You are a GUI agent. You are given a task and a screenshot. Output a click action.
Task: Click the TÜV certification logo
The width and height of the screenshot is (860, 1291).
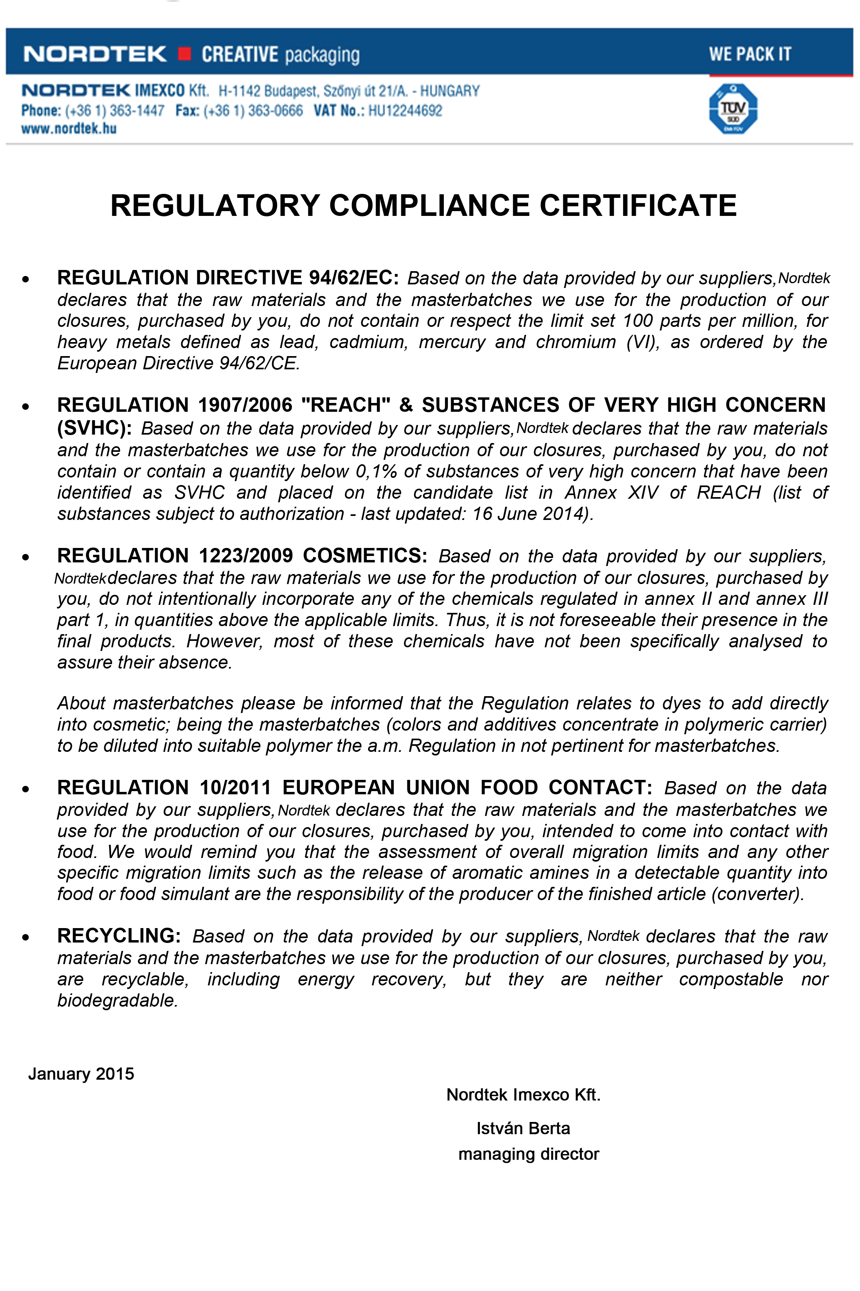coord(733,109)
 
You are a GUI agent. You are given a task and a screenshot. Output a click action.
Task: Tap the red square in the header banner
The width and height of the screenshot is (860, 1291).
coord(185,54)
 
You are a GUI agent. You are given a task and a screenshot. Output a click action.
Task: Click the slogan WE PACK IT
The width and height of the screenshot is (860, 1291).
coord(750,54)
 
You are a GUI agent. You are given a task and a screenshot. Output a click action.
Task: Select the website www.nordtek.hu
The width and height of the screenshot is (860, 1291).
coord(69,129)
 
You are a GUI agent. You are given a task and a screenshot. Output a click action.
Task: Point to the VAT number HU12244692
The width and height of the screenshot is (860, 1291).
coord(405,111)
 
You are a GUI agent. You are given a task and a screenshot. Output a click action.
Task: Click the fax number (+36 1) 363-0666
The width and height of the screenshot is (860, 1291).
coord(253,111)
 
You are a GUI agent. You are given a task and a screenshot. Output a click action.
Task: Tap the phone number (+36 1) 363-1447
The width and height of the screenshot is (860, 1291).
coord(115,111)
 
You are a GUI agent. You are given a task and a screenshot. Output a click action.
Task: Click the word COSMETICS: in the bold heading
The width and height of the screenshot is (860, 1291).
coord(365,556)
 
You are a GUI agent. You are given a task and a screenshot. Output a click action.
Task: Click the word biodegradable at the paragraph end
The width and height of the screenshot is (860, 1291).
coord(117,1000)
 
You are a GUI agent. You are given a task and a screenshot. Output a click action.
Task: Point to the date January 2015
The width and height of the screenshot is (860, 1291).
coord(81,1073)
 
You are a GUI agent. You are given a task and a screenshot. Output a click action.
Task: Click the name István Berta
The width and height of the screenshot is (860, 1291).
coord(523,1128)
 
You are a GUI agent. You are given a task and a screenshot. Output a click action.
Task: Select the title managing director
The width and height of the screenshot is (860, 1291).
coord(528,1154)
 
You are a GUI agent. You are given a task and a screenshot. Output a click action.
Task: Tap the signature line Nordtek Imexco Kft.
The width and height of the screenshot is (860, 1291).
coord(523,1095)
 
